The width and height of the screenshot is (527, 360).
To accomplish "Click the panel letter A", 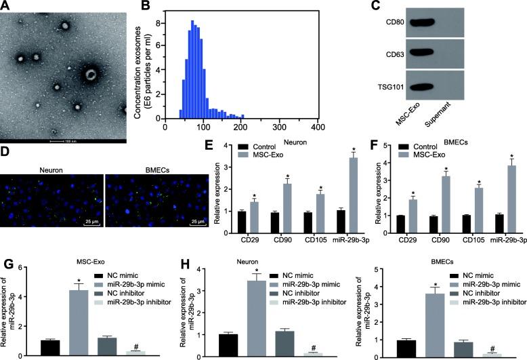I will point(5,6).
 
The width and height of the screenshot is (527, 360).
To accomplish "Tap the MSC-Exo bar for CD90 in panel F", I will point(446,196).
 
